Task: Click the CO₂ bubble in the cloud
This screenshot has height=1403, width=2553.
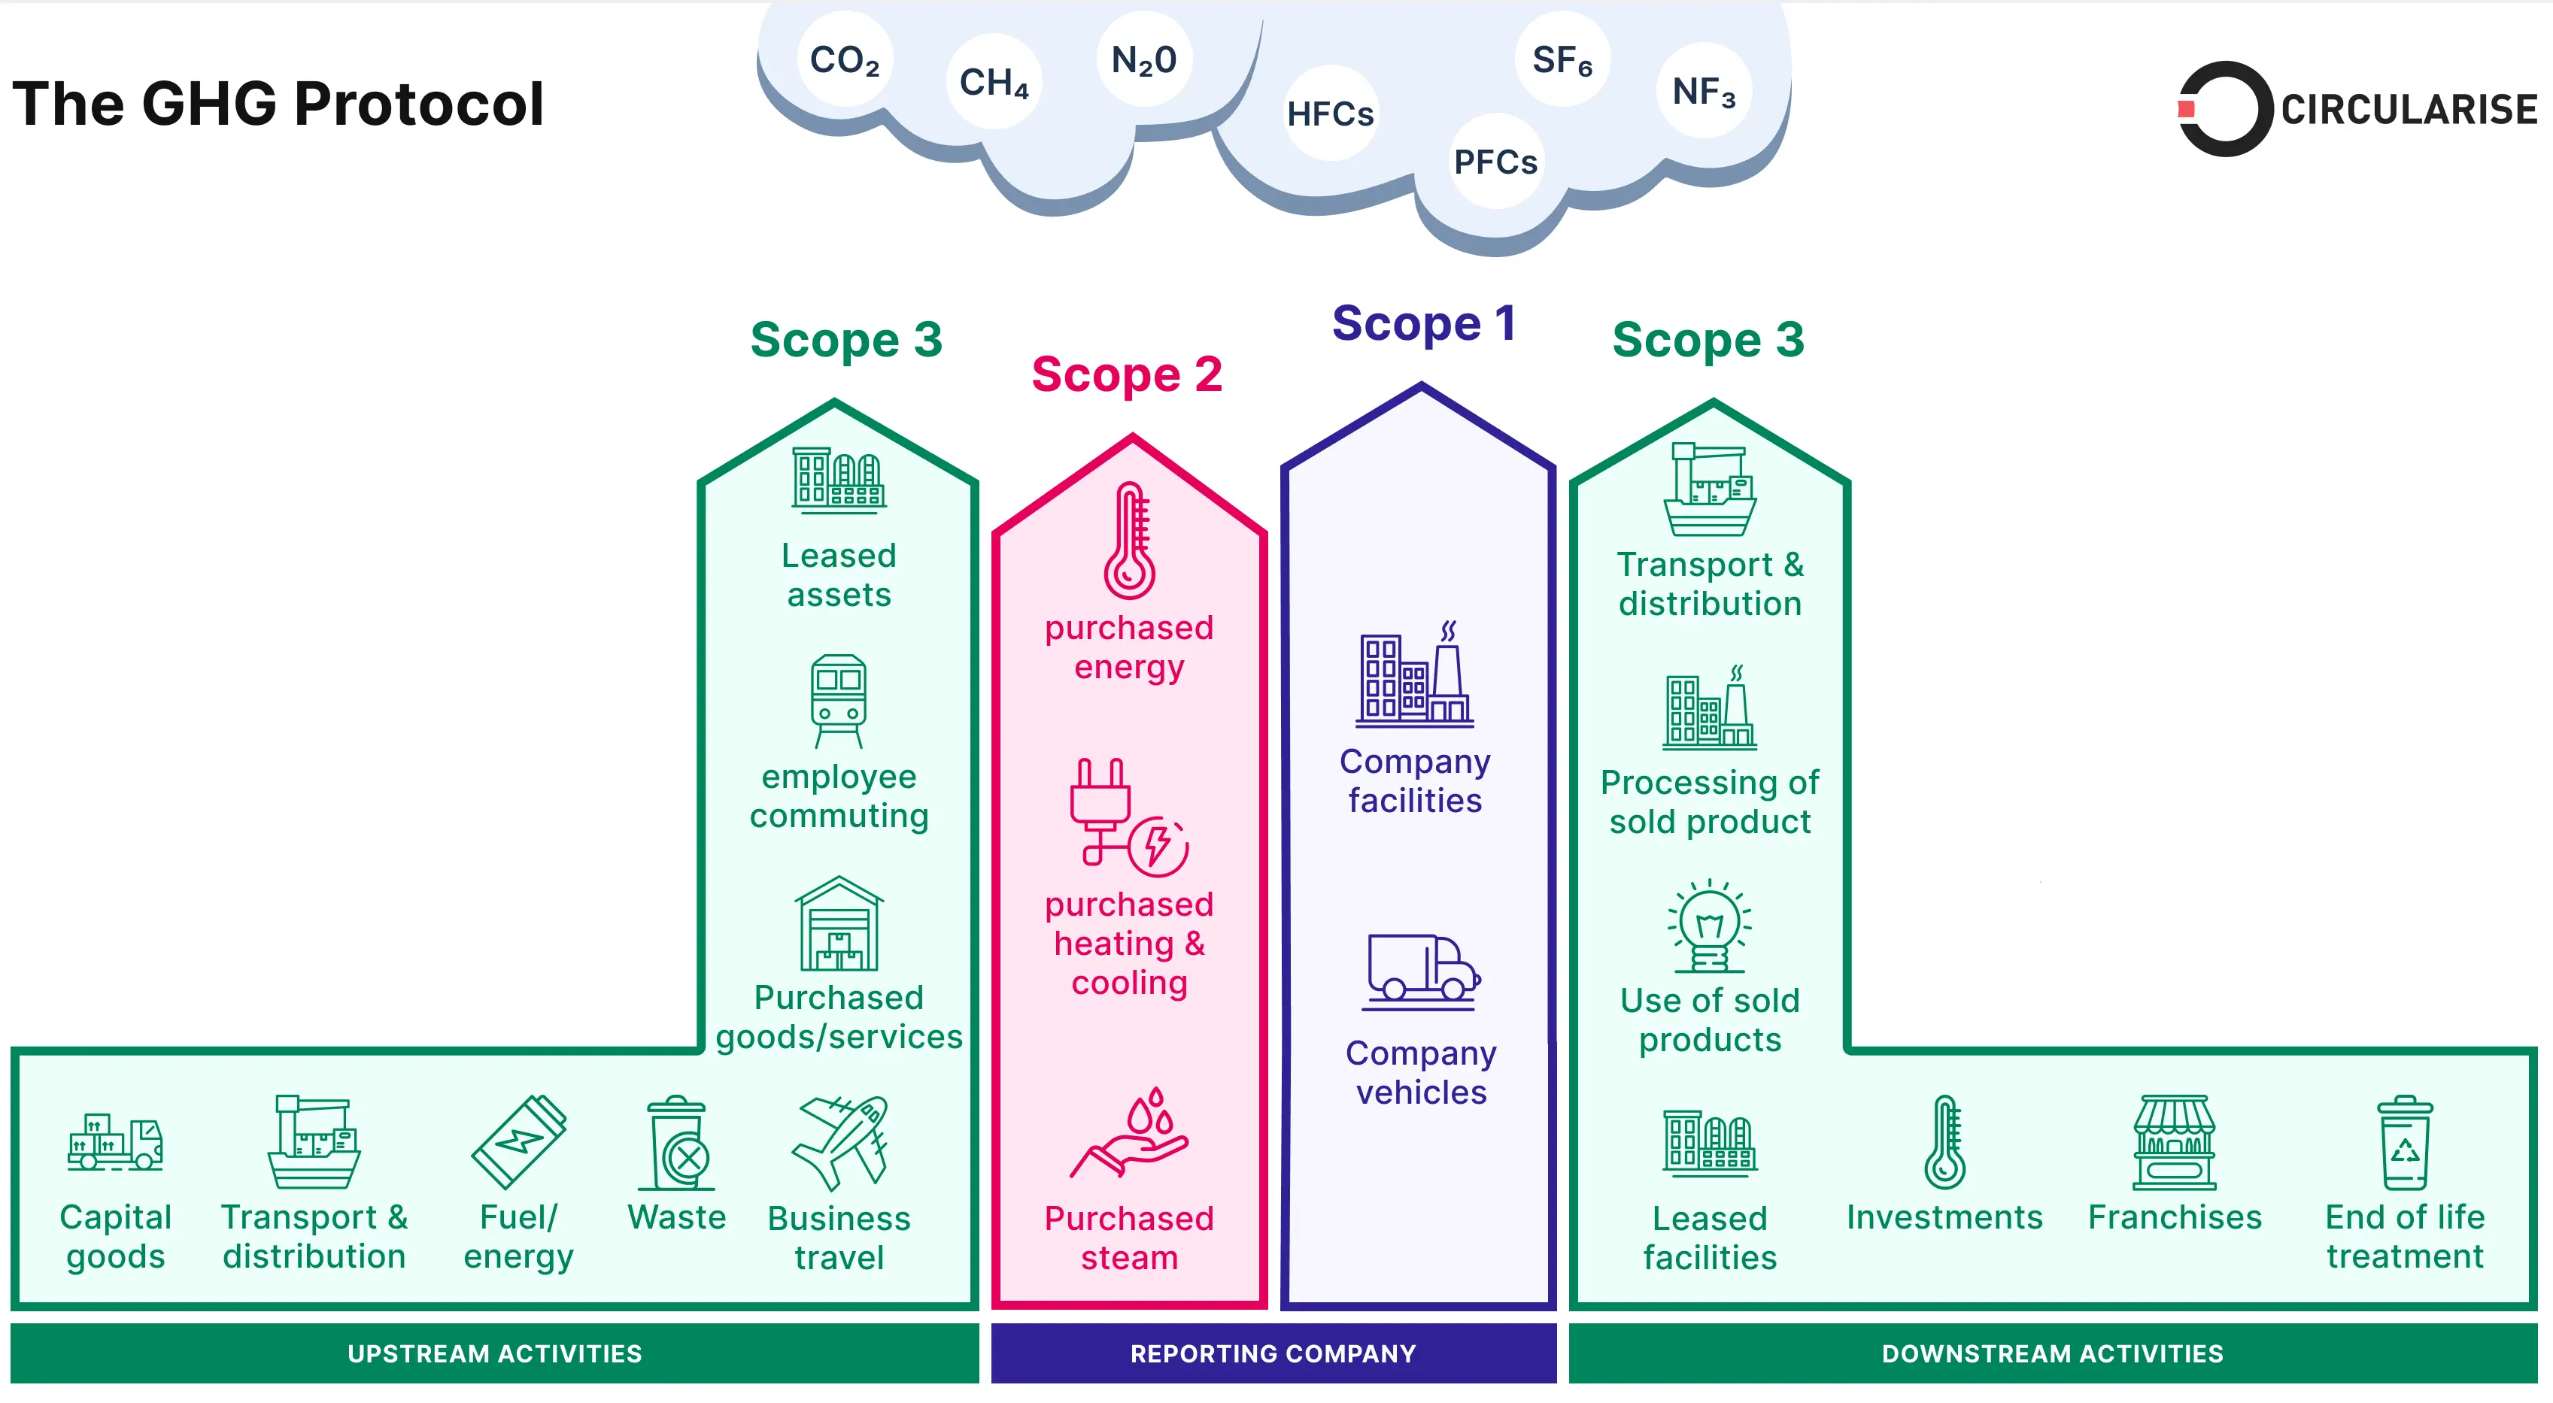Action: (845, 60)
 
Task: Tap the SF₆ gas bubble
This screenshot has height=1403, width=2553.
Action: (1562, 60)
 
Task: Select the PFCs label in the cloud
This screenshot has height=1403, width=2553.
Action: (1495, 162)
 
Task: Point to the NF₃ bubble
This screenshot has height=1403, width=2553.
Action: (1704, 91)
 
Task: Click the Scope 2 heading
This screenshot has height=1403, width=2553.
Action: (1127, 374)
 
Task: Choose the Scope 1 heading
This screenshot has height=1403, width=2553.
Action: (1423, 323)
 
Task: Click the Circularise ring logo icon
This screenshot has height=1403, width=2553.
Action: (2223, 109)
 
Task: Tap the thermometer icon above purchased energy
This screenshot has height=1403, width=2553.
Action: (1130, 540)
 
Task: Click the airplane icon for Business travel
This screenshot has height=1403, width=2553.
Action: (840, 1141)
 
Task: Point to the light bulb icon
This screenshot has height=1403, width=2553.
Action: (1710, 927)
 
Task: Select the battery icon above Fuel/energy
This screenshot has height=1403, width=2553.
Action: (518, 1141)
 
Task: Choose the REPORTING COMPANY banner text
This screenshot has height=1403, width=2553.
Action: (1273, 1353)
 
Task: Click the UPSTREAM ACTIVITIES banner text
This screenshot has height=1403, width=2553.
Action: (494, 1353)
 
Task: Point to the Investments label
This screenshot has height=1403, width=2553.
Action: (1944, 1217)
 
